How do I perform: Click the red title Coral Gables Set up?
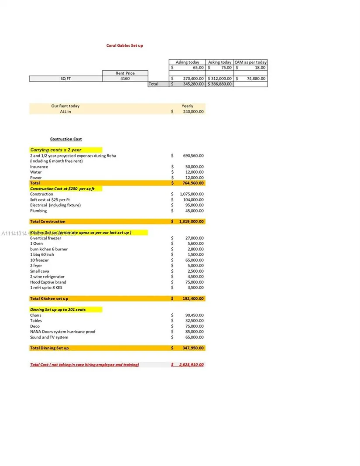tap(124, 45)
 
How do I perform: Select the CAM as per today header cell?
tap(250, 62)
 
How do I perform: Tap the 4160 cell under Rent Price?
tap(125, 79)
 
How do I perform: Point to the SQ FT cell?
tap(66, 79)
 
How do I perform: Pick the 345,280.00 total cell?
tap(192, 84)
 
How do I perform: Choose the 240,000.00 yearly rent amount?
tap(193, 112)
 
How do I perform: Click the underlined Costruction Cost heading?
tap(66, 139)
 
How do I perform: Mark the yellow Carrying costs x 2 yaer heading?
tap(56, 150)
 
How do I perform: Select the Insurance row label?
tap(39, 167)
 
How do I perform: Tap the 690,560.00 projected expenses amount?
tap(193, 155)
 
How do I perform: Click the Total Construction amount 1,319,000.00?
tap(191, 222)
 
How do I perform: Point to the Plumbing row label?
tap(38, 211)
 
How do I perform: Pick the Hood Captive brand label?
tap(48, 282)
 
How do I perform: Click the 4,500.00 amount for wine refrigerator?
tap(195, 277)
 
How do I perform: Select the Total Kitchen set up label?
tap(49, 298)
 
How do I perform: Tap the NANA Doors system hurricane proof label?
tap(62, 332)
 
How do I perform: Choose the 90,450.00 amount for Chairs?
tap(194, 315)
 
